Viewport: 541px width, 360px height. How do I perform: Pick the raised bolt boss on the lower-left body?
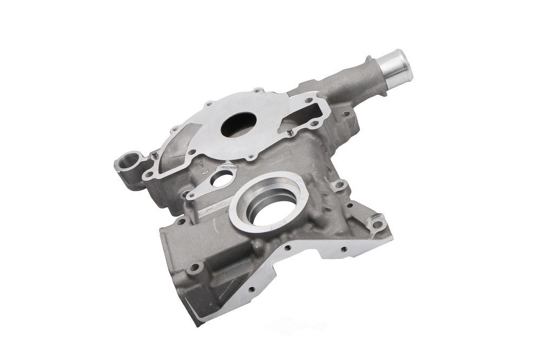pyautogui.click(x=196, y=267)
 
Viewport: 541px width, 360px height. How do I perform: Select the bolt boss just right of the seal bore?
pyautogui.click(x=339, y=185)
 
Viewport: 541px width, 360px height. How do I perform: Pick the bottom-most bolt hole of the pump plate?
pyautogui.click(x=251, y=158)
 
